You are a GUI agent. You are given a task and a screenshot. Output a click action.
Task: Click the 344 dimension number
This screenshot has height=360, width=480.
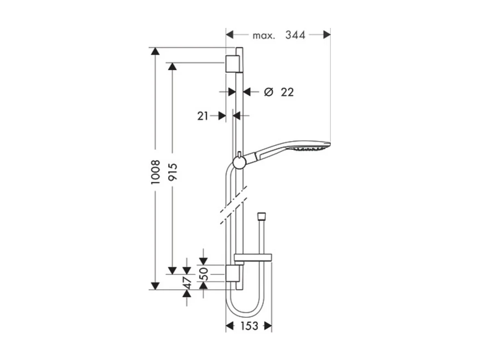click(x=295, y=35)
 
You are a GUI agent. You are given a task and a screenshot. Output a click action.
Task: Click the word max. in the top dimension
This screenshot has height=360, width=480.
click(x=264, y=35)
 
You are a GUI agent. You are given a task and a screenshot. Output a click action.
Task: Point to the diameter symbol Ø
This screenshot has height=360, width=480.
click(x=268, y=92)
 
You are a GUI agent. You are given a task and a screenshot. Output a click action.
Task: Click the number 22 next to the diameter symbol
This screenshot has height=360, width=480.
click(x=287, y=92)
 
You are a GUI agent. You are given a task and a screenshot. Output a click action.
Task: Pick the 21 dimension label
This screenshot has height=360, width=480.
click(x=203, y=116)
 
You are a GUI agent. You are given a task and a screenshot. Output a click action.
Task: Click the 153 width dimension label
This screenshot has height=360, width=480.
click(x=248, y=326)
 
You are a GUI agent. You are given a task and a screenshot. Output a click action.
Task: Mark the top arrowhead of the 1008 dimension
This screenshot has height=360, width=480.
click(x=155, y=52)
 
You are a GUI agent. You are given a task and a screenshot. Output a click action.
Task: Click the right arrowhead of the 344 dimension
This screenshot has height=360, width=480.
click(x=327, y=35)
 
